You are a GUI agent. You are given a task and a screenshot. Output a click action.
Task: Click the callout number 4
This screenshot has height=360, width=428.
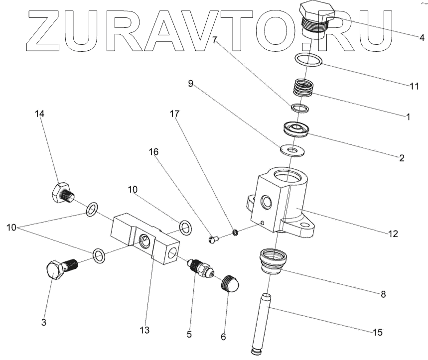tap(422, 37)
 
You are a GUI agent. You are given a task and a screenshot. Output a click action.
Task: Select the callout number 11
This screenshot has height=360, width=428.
tap(414, 86)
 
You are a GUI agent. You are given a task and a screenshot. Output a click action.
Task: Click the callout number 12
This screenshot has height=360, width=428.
tap(393, 233)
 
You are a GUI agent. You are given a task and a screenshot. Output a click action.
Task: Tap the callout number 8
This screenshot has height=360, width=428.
tap(383, 294)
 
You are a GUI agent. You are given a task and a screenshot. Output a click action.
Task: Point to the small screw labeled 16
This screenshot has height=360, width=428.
tap(214, 240)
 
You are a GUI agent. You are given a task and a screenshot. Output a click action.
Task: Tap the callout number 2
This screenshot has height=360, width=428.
tap(401, 159)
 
